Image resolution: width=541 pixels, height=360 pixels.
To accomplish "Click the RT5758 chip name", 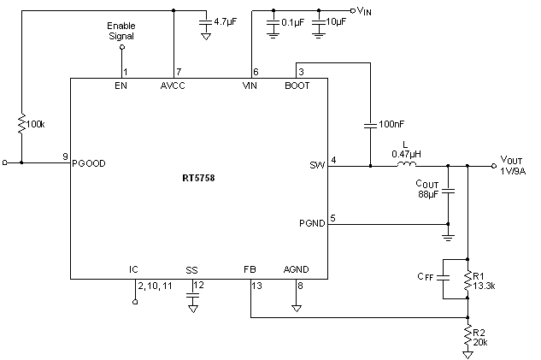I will coord(198,180).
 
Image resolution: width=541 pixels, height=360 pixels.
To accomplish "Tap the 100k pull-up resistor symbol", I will coord(21,123).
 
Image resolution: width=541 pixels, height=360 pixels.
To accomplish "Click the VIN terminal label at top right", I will coord(364,11).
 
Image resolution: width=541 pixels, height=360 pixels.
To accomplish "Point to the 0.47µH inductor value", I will coord(406,154).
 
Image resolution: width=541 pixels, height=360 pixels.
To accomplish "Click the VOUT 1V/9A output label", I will coord(514,164).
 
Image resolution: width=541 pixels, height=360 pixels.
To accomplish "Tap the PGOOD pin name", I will coord(90,162).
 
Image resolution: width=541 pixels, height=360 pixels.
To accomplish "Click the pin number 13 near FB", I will coord(257,285).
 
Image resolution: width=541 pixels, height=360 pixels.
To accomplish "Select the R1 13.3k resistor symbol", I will coord(467,279).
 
